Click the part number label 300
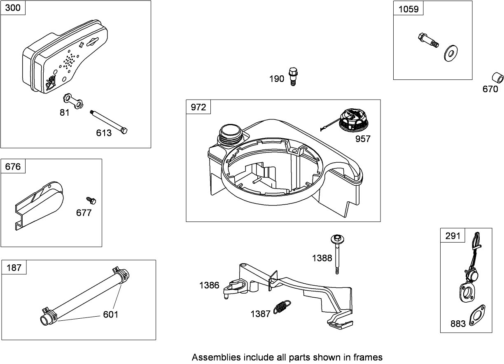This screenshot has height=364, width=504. click(x=13, y=8)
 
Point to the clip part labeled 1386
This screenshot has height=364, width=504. click(x=234, y=287)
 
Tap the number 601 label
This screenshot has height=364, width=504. click(x=110, y=315)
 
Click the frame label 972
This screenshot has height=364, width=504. click(x=198, y=107)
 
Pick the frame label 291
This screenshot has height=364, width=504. click(x=453, y=236)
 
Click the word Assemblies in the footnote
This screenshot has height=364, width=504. click(x=216, y=357)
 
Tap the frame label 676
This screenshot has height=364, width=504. click(x=13, y=167)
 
